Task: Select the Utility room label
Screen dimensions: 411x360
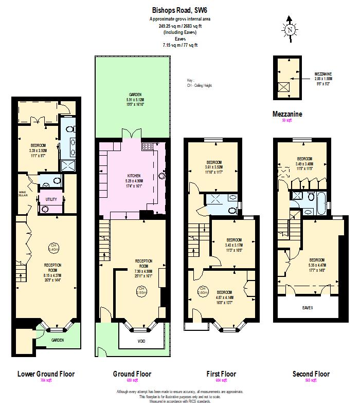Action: click(x=51, y=198)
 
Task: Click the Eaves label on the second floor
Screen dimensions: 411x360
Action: click(x=308, y=307)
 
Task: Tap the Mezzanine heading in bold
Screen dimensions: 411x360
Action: click(x=287, y=114)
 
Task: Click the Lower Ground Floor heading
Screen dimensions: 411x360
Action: click(x=46, y=373)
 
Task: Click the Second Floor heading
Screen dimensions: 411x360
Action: click(x=311, y=373)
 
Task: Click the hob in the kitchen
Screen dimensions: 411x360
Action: click(x=148, y=147)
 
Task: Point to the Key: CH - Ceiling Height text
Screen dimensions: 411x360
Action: click(x=199, y=83)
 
